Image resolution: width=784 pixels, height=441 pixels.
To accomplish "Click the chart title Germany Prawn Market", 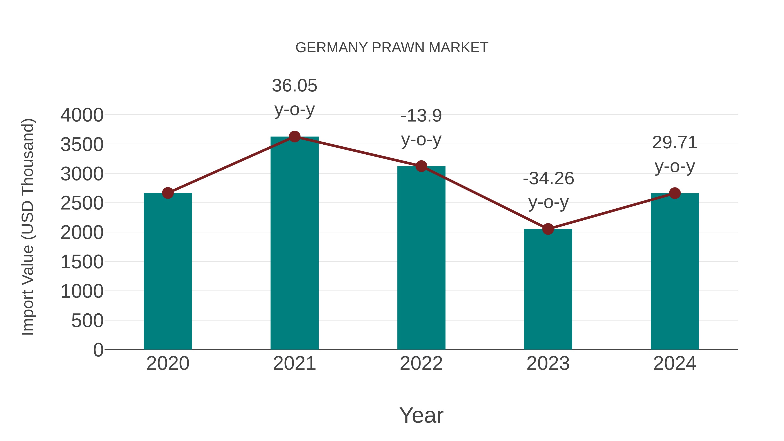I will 392,48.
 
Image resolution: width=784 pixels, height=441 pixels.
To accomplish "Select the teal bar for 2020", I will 168,271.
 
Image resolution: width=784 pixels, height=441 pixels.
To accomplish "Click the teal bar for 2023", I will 548,289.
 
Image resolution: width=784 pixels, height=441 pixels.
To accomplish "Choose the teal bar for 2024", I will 675,271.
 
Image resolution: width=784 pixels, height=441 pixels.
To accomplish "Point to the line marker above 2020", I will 168,193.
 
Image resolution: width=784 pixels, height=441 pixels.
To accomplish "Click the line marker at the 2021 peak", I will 294,137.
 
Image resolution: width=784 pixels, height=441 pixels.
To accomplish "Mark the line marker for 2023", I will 548,229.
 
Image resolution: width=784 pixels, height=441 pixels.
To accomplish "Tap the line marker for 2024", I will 675,193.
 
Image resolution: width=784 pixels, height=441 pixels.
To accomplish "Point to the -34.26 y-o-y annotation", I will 548,190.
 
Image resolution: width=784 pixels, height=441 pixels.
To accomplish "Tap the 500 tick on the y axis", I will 87,321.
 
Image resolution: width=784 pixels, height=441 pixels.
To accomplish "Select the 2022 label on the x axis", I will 421,363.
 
